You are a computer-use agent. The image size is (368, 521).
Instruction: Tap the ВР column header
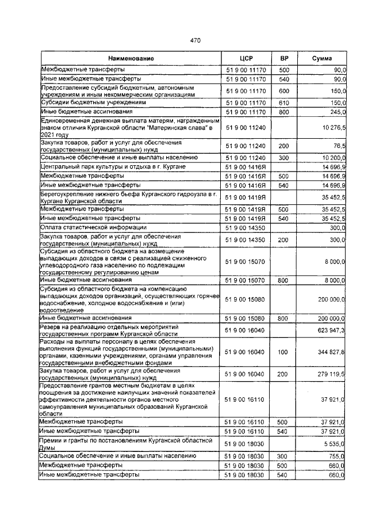coord(284,59)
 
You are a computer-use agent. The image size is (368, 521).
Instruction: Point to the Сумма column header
coord(321,59)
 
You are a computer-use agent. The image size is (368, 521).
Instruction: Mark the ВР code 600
coord(284,90)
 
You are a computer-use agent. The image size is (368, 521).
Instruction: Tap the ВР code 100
coord(284,352)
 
